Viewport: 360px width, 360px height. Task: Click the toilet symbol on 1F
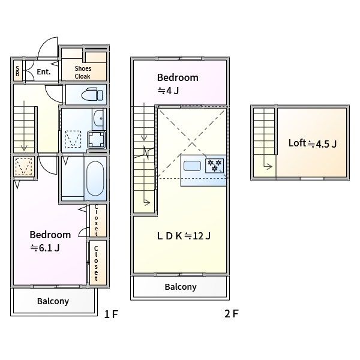(92, 94)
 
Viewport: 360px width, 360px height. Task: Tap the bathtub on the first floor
(95, 178)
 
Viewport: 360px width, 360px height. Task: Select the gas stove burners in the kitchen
(214, 166)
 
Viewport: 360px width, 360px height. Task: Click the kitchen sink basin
(192, 166)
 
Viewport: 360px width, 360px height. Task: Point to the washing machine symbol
(97, 140)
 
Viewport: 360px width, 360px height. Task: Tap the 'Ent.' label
(44, 72)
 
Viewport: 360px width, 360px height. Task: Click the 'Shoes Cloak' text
(83, 73)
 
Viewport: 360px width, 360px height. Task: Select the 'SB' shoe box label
(17, 71)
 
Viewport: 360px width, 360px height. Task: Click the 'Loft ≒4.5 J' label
(313, 143)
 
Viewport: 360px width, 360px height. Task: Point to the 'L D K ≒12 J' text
(184, 236)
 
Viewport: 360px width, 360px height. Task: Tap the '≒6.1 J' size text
(45, 248)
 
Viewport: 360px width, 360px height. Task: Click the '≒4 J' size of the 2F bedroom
(168, 91)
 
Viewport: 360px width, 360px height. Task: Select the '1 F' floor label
(111, 314)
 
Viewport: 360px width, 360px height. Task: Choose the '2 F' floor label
(232, 314)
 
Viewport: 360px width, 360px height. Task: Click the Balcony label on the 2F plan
(181, 287)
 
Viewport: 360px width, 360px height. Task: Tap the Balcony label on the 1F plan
(53, 301)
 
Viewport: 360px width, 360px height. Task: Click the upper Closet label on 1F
(96, 220)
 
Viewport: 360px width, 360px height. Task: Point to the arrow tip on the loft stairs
(272, 166)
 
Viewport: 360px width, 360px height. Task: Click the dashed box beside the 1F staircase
(23, 166)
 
